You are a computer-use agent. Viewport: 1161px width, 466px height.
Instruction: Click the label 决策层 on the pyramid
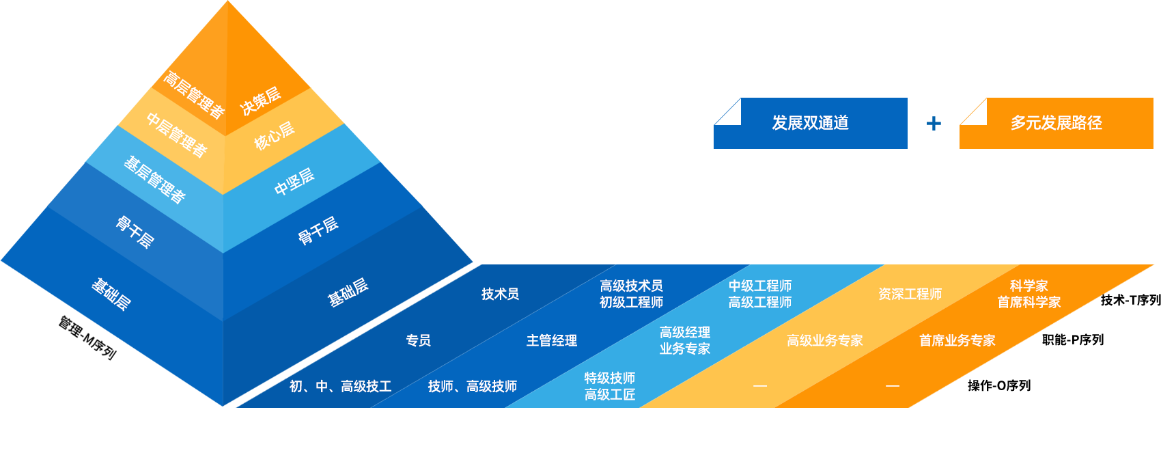click(261, 100)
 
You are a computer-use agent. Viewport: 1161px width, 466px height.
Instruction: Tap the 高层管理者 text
click(194, 94)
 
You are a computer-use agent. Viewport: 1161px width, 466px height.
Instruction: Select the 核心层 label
click(275, 135)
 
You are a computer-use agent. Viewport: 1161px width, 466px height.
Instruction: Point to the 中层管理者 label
click(177, 135)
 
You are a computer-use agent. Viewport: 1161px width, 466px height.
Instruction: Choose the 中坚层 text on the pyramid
click(294, 181)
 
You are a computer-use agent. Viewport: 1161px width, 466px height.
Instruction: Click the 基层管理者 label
click(154, 179)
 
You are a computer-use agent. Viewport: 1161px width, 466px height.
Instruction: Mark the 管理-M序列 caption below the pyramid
click(87, 338)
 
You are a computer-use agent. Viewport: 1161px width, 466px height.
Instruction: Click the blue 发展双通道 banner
click(811, 123)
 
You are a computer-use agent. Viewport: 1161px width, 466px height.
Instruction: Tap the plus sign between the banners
click(934, 123)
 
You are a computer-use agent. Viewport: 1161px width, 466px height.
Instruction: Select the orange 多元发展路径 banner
click(1057, 123)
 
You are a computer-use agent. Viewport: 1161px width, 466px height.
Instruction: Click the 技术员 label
click(500, 294)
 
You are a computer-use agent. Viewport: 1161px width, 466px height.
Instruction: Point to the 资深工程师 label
click(910, 294)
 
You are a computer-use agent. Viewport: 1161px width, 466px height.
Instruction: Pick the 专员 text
click(418, 340)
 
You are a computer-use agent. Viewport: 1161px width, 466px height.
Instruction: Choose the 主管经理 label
click(552, 340)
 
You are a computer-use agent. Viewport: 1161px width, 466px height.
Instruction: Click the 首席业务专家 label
click(957, 340)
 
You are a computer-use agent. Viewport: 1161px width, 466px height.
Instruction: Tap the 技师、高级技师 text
click(472, 386)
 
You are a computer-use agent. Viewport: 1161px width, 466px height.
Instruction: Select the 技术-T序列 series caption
click(1130, 300)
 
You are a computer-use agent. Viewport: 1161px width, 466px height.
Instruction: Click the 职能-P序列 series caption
click(1072, 340)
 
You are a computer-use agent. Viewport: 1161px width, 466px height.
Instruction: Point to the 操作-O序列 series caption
click(998, 385)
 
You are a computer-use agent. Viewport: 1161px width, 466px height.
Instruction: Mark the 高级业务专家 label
click(824, 340)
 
